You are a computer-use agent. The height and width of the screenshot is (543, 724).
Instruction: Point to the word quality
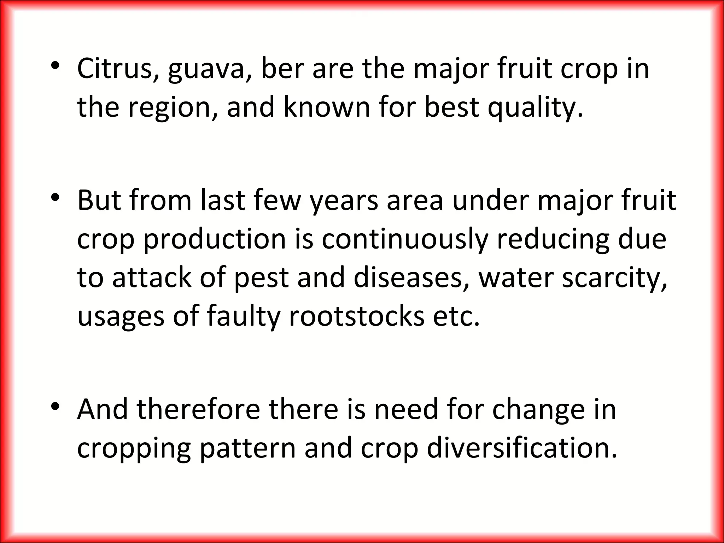point(535,108)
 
